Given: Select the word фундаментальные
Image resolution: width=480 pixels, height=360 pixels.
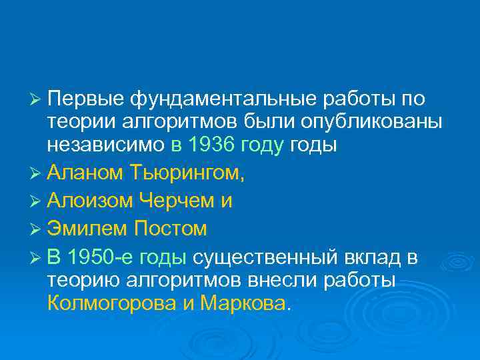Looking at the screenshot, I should point(223,99).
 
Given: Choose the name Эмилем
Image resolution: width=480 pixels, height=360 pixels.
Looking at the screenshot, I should point(87,229).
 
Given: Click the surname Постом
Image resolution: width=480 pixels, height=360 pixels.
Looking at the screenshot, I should point(171,229).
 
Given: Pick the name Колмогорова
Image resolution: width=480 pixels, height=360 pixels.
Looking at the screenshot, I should point(111,304).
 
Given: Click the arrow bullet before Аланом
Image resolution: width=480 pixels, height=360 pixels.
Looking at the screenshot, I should point(37,173).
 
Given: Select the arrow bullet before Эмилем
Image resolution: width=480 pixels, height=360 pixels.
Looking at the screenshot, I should point(37,229).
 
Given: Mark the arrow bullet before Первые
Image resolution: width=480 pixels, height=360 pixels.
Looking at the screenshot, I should point(37,99).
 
